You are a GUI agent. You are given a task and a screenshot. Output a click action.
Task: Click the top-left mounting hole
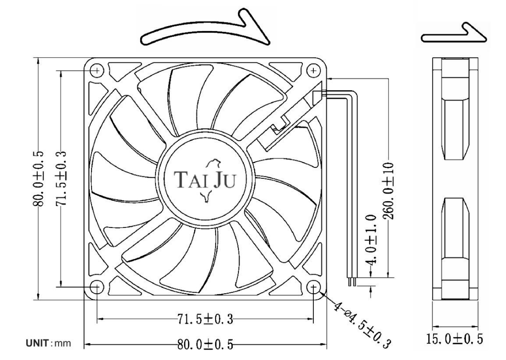point(97,70)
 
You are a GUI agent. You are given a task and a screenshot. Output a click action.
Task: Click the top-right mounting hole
point(313,70)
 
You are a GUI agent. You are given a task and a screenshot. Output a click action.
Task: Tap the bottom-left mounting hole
point(97,287)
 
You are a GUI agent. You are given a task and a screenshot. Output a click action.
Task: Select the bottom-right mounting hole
point(313,287)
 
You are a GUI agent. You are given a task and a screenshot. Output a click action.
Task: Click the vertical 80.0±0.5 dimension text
point(39,178)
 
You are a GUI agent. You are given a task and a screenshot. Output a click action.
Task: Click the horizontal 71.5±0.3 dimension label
point(205,319)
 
